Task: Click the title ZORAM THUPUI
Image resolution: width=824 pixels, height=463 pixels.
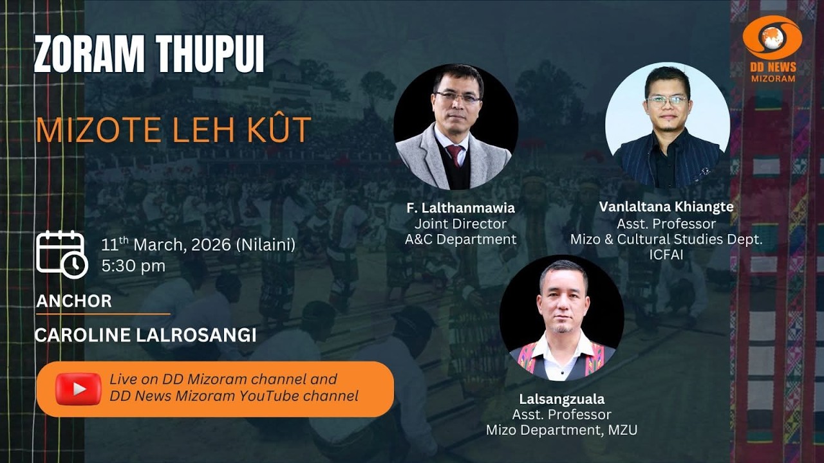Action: click(x=149, y=54)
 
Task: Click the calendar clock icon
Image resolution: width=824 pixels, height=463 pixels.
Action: click(x=61, y=254)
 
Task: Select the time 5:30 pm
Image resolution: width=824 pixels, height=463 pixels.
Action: click(x=133, y=266)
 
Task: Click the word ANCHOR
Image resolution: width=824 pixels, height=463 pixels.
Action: click(x=74, y=301)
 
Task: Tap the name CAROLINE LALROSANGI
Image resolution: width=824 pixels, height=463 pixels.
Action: click(x=145, y=335)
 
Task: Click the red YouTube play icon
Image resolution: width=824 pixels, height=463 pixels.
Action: click(x=79, y=388)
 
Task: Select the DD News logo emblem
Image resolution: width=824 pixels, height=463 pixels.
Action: click(x=772, y=37)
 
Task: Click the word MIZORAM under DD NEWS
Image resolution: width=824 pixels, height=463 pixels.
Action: click(x=772, y=78)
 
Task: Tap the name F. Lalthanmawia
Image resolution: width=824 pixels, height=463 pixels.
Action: click(x=460, y=208)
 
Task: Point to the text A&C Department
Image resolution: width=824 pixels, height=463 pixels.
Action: click(x=460, y=239)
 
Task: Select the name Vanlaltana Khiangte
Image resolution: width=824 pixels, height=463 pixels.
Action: click(x=666, y=207)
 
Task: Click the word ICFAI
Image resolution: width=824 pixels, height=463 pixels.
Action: click(x=666, y=255)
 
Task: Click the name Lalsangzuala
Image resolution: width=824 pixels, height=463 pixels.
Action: click(x=561, y=399)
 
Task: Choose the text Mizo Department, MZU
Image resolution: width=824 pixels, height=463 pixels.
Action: click(x=561, y=430)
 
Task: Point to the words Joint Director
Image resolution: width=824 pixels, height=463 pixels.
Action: click(x=460, y=224)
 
